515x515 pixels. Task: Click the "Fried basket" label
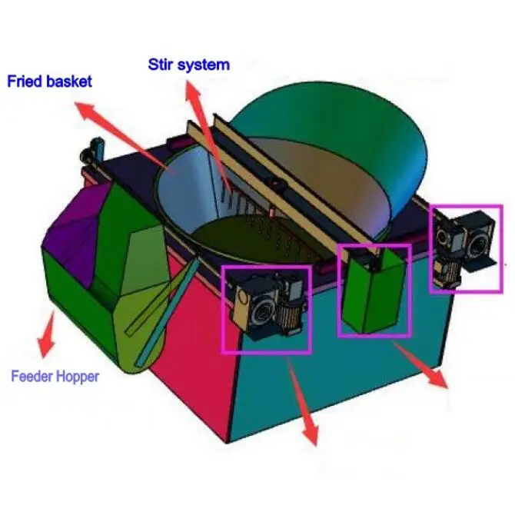tap(49, 80)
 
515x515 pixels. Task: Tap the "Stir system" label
tap(189, 64)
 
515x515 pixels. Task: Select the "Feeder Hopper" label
tap(55, 377)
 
